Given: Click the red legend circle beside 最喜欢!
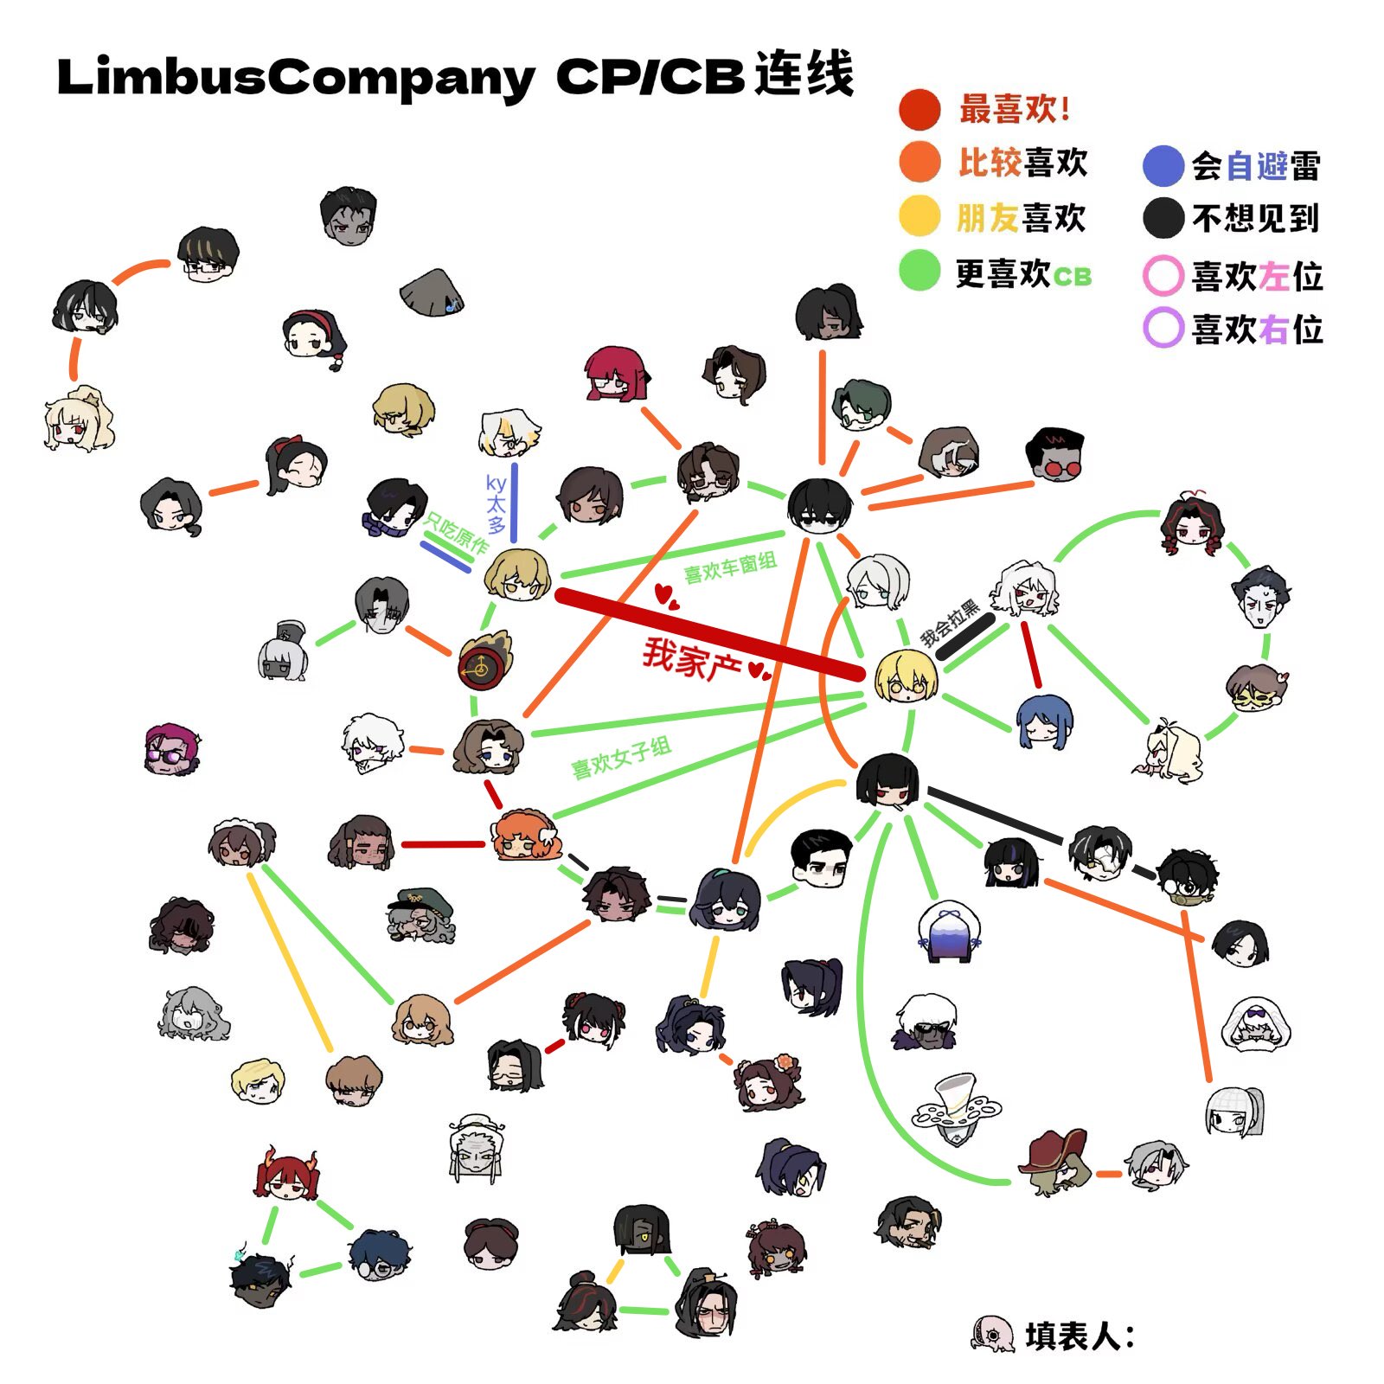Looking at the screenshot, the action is pos(919,109).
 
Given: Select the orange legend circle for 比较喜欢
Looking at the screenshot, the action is pos(919,162).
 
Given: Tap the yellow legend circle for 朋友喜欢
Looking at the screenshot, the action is pos(919,216).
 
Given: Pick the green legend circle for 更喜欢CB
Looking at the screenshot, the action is pos(919,271).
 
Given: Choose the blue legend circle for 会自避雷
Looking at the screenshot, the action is pos(1163,166).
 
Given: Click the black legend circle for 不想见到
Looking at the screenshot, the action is pos(1163,218).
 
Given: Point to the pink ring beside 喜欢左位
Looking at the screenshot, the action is pos(1163,276).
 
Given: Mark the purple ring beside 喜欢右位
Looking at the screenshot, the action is pos(1163,328).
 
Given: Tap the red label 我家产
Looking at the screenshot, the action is pos(692,659).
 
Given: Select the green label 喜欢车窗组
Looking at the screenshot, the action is pos(730,567).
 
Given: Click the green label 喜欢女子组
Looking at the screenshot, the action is pos(621,758).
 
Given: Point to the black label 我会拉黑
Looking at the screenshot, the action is pos(949,622).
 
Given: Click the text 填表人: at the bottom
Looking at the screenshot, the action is pos(1080,1336).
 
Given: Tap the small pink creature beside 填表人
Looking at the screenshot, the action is pos(992,1334).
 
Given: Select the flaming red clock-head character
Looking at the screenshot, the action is pos(485,661).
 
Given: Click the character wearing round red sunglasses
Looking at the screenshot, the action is pos(1054,455).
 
